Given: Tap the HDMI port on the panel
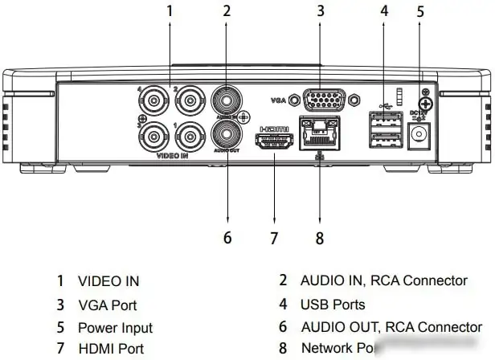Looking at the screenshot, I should (x=273, y=142).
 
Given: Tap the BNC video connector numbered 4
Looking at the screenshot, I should (x=151, y=101).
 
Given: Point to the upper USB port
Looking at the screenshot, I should (x=384, y=121).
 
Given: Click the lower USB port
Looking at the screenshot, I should (x=384, y=139).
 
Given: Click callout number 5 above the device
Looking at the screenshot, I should (x=420, y=11).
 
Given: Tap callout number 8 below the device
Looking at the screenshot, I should (x=320, y=239).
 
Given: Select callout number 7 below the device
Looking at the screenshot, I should (x=273, y=239).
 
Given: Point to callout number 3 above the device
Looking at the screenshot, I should (x=320, y=11).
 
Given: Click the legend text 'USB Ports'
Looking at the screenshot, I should (x=333, y=305).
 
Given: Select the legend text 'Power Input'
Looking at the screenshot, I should (x=115, y=328).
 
